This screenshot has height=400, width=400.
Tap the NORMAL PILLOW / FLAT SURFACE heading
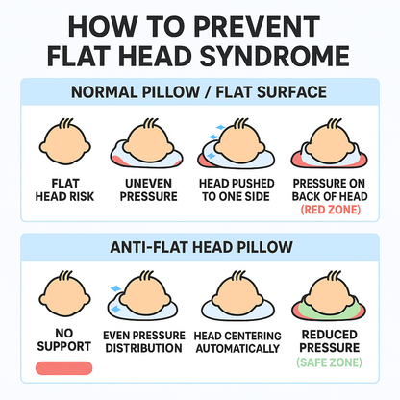click(x=200, y=94)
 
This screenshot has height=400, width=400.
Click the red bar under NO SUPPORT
click(x=62, y=368)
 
